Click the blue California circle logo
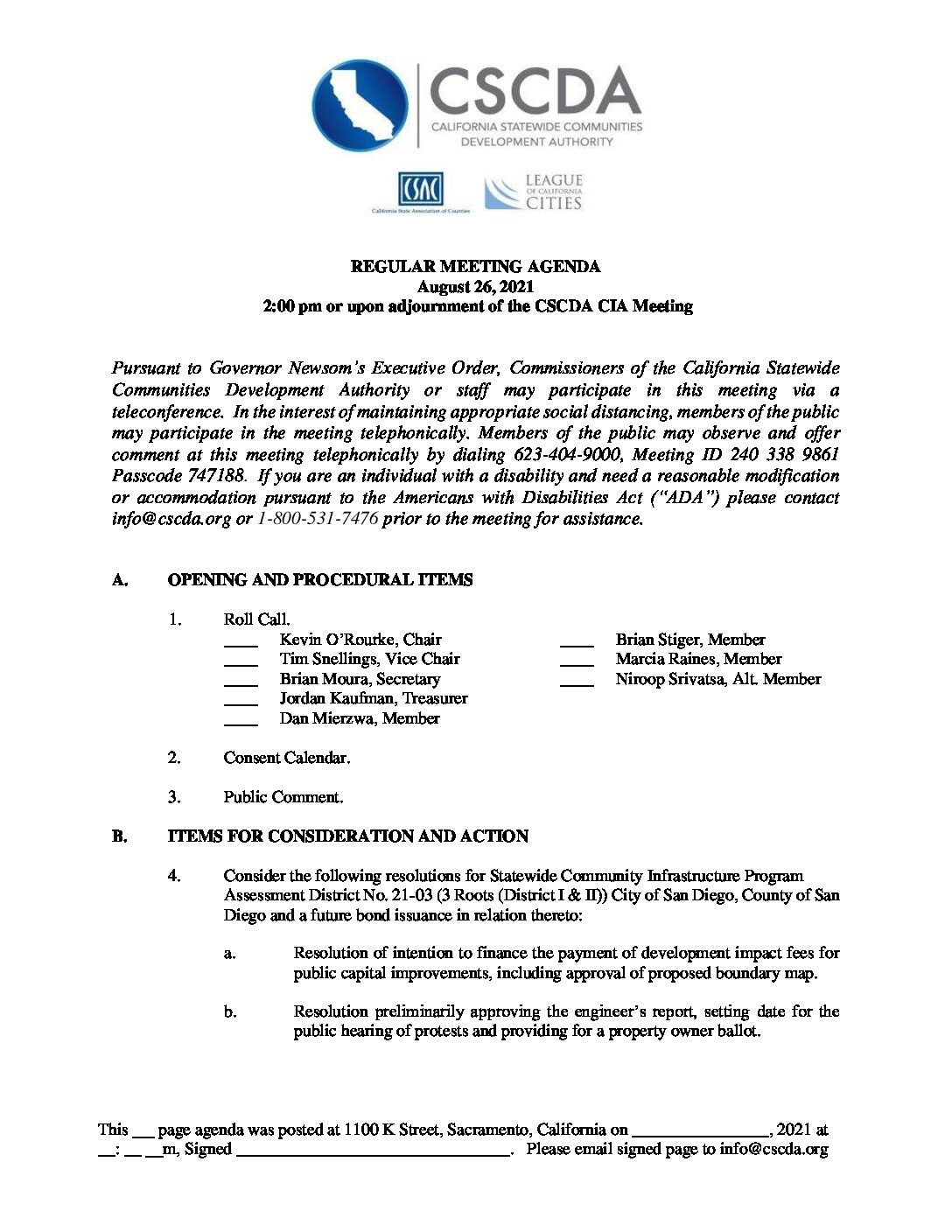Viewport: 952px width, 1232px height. tap(360, 105)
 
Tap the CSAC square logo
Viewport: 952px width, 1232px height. tap(421, 190)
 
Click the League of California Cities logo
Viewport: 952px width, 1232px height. tap(534, 192)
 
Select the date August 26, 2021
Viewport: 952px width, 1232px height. tap(475, 286)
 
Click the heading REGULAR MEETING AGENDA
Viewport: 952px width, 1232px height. tap(475, 266)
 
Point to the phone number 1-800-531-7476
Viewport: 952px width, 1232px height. tap(318, 518)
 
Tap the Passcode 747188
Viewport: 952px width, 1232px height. tap(178, 476)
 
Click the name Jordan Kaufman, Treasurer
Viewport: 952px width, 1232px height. tap(374, 698)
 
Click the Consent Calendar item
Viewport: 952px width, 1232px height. tap(286, 758)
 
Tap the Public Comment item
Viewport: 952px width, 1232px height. tap(283, 797)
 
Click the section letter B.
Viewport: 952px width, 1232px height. tap(119, 836)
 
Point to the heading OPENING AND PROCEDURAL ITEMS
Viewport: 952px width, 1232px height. tap(319, 580)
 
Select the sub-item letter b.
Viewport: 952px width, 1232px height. tap(229, 1012)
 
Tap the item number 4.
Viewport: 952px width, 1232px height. tap(174, 876)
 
